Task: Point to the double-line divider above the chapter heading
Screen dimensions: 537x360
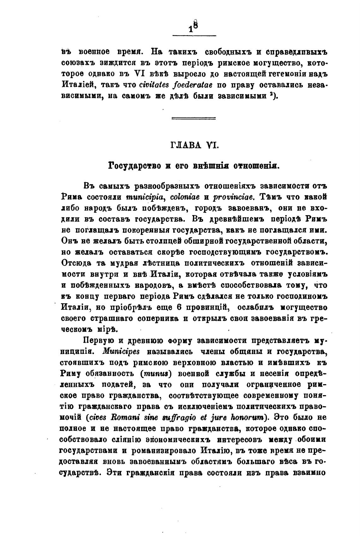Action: click(x=193, y=118)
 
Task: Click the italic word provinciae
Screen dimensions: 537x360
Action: click(x=236, y=196)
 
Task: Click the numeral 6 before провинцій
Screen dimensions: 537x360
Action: click(x=179, y=307)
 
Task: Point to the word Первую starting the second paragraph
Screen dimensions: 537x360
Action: click(x=98, y=340)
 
